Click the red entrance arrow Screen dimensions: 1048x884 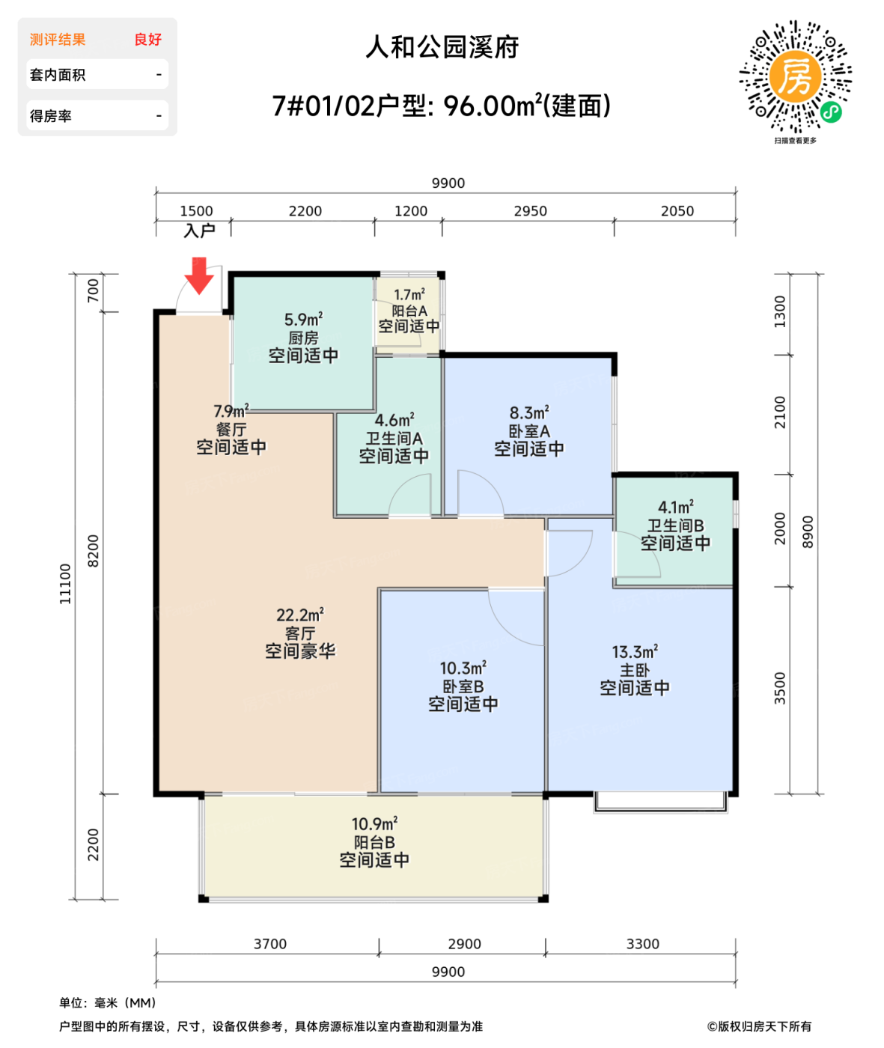(199, 275)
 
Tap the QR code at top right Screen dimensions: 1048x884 (795, 77)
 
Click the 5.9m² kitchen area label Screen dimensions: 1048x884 (303, 320)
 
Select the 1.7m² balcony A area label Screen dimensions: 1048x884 (409, 295)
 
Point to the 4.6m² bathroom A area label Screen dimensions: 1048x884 (394, 421)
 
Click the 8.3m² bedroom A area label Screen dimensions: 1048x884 (529, 412)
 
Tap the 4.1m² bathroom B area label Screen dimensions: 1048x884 (675, 508)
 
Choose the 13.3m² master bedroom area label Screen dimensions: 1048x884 (635, 652)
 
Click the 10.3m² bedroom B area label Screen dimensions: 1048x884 (463, 668)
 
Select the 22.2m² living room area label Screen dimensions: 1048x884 (299, 615)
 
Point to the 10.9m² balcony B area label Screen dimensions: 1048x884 (374, 824)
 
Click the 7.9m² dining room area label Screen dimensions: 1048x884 (230, 412)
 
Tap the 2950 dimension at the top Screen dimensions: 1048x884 (530, 211)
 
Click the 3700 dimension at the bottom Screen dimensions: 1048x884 (269, 944)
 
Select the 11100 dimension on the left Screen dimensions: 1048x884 (66, 584)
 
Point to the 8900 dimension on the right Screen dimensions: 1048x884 (808, 531)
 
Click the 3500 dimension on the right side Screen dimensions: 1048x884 (780, 688)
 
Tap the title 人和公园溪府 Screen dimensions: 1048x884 (442, 47)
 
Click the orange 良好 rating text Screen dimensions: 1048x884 (147, 40)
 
